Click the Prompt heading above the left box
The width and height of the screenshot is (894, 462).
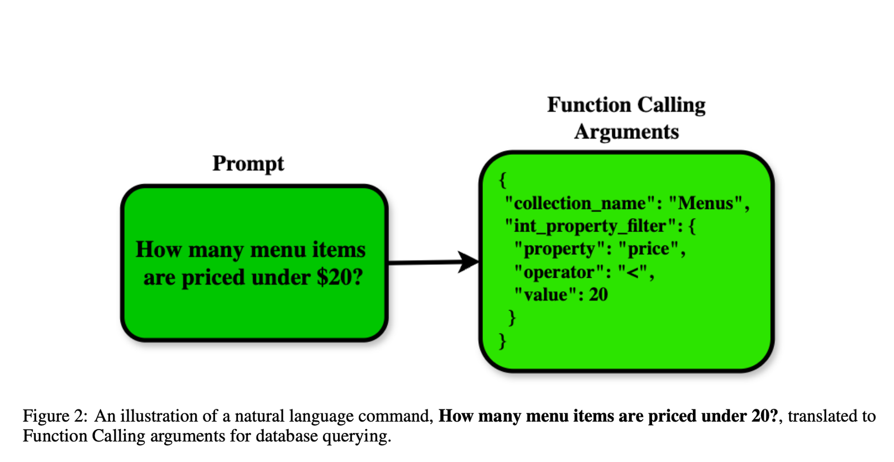(x=248, y=164)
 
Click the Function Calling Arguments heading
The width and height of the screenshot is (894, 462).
(x=626, y=118)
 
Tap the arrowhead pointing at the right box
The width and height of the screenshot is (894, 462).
(x=468, y=261)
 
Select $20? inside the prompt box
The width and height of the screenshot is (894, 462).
(x=340, y=277)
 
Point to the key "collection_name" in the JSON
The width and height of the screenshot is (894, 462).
(x=581, y=204)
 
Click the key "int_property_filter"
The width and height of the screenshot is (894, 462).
(x=591, y=227)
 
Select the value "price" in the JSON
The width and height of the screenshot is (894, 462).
(x=649, y=249)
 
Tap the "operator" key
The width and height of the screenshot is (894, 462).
(x=559, y=273)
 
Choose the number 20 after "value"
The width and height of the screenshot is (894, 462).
(x=598, y=295)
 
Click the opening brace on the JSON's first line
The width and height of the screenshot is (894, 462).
(x=503, y=180)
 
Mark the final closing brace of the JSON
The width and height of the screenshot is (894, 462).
(x=503, y=341)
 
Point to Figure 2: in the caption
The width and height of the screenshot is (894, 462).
(x=55, y=416)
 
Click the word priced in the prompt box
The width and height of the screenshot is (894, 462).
(x=213, y=278)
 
